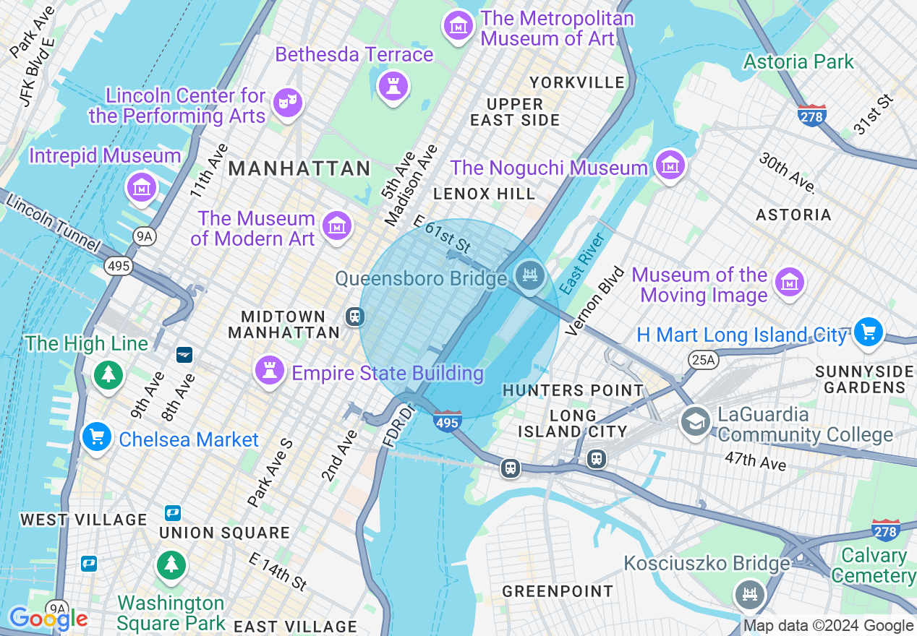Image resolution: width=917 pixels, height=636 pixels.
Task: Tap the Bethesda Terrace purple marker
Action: point(393,86)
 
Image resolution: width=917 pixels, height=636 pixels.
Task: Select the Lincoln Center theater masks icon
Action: point(288,103)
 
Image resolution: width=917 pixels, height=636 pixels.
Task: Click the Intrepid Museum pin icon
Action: point(142,187)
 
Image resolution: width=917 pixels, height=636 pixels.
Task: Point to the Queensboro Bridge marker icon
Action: point(530,275)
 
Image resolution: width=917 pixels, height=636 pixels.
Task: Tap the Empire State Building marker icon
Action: point(270,370)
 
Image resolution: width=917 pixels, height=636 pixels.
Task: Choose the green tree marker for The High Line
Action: point(108,374)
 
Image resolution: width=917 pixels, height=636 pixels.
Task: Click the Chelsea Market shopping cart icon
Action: point(96,437)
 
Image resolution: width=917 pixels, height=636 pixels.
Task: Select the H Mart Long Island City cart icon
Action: point(868,332)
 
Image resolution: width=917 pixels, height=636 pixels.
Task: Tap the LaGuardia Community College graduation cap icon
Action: point(695,421)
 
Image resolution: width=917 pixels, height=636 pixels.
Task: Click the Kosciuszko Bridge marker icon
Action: point(750,596)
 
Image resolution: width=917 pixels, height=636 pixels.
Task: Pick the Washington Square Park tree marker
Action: point(171,564)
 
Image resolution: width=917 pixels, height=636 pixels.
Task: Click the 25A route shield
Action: point(701,359)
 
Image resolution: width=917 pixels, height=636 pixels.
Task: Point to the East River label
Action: point(582,263)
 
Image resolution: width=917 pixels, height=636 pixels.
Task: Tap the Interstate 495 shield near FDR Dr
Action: point(447,421)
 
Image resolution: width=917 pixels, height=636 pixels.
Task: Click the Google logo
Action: point(48,619)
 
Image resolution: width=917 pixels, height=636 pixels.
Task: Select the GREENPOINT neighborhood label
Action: point(558,591)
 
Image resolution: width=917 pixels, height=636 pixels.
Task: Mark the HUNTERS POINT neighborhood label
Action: point(573,390)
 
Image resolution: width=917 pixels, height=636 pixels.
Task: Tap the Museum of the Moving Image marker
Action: point(790,282)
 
